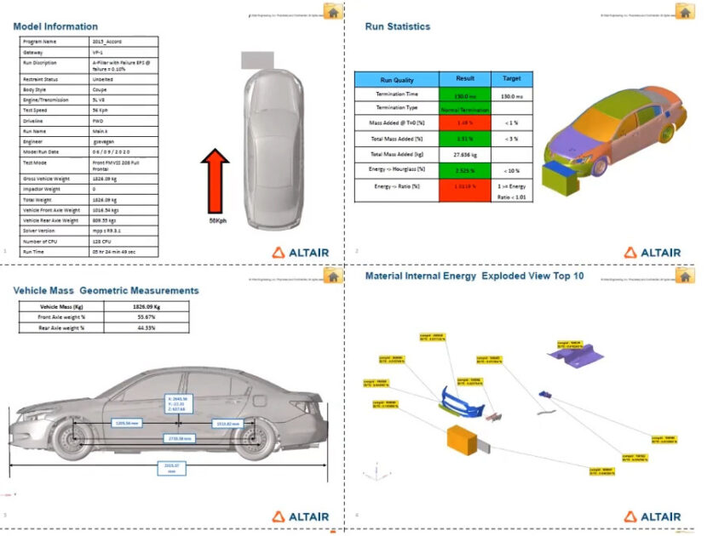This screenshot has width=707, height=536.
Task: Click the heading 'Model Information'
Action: coord(55,26)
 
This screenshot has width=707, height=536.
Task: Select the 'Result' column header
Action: coord(465,78)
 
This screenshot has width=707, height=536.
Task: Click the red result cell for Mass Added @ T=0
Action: coord(465,124)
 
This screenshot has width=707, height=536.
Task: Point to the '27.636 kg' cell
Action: coord(465,154)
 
